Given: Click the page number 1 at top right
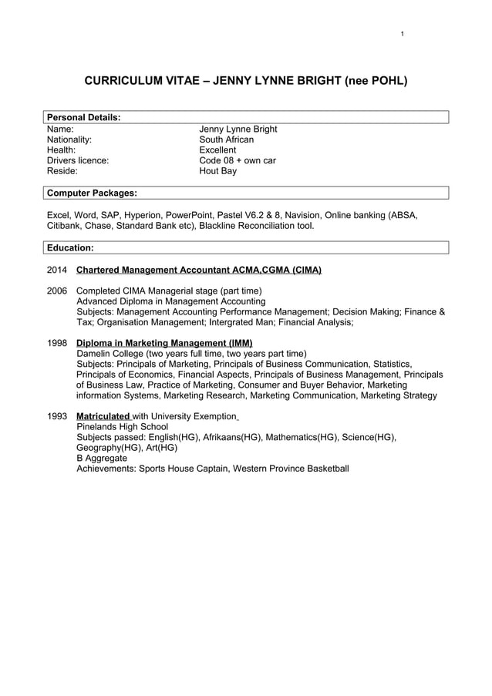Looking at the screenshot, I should [403, 34].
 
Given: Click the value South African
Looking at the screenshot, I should [226, 140].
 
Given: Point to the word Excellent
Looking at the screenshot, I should [217, 150].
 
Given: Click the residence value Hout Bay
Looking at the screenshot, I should [217, 171].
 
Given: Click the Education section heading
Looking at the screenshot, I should [70, 247].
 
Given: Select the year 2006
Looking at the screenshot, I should [57, 291].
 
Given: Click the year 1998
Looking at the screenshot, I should [57, 343].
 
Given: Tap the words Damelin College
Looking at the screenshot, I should [113, 354].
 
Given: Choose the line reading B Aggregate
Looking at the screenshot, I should [102, 458].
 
